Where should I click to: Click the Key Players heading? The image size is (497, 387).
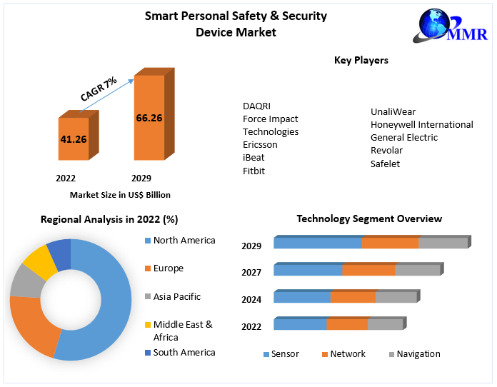(361, 61)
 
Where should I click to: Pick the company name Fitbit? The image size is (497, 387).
(253, 171)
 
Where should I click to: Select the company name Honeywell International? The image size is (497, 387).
(421, 124)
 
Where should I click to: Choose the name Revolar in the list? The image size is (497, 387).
(386, 150)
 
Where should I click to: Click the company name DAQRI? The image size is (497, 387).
(256, 106)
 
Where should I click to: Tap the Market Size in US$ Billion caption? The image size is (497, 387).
(120, 194)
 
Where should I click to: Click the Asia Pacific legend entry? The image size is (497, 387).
(176, 296)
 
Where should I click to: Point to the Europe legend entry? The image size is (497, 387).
(168, 268)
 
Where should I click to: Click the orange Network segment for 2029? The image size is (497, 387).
(390, 243)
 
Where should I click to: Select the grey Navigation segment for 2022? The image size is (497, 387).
(386, 324)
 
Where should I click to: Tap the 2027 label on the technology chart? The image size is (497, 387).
(251, 272)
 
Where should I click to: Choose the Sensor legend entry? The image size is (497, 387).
(281, 354)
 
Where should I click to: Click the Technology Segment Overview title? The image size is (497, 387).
(369, 219)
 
